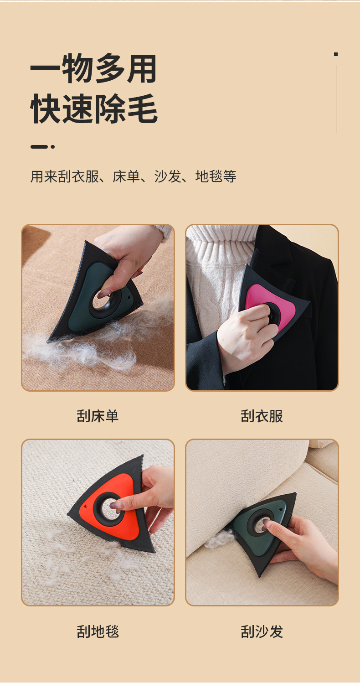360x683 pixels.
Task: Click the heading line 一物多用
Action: [93, 68]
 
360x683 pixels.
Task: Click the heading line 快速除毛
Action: [94, 109]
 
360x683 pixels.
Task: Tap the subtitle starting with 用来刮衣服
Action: [133, 176]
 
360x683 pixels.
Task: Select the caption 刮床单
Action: [98, 416]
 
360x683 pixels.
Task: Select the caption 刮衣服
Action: [262, 416]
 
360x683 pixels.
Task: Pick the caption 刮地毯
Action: [98, 631]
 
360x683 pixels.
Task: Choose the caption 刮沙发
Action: [262, 631]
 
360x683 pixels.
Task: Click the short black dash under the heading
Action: [39, 147]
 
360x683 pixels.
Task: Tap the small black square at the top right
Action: [335, 54]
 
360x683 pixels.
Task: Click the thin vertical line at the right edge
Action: [336, 99]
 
